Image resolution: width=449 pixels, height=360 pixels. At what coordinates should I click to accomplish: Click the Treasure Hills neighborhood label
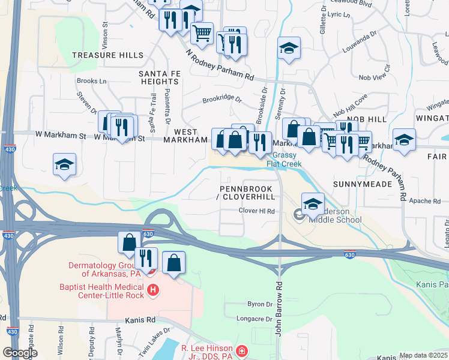tap(107, 55)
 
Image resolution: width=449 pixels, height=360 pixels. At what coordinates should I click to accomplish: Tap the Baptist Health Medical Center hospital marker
tap(153, 291)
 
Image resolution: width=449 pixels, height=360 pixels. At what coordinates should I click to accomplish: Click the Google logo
tap(20, 353)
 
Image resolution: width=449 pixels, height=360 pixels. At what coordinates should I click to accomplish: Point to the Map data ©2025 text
tap(423, 355)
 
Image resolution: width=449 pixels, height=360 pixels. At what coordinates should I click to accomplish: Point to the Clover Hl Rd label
tap(256, 211)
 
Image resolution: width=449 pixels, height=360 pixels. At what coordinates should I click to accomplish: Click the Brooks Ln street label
tap(91, 81)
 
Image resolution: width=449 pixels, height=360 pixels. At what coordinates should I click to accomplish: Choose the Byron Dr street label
tap(261, 305)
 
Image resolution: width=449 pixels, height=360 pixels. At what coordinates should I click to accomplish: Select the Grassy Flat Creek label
tap(287, 158)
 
